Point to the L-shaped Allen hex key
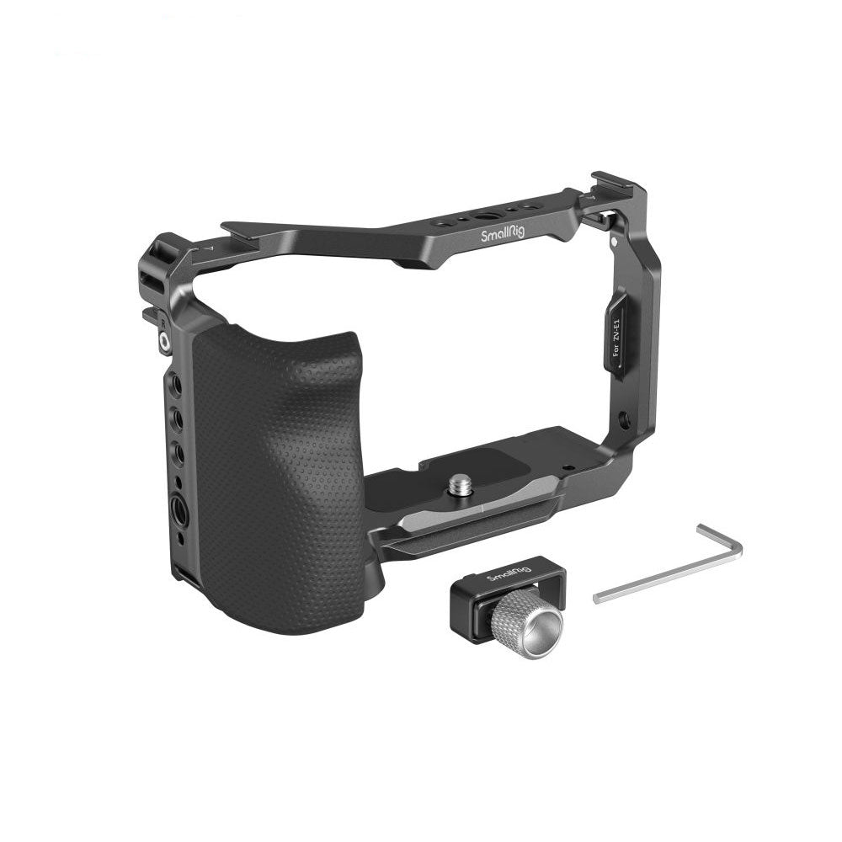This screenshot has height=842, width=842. point(669,564)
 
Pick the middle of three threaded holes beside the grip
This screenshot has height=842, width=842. point(177,417)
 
